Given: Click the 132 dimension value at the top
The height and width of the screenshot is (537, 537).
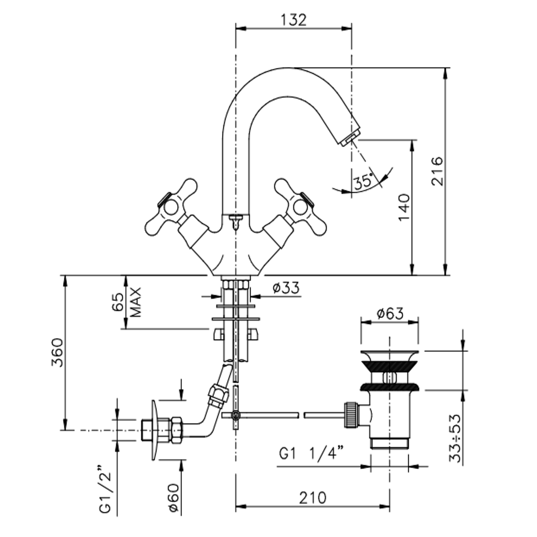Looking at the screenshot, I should point(293,20).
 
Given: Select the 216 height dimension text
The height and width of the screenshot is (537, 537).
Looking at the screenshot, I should point(437,171).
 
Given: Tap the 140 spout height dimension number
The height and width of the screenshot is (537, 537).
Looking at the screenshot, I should point(404,207).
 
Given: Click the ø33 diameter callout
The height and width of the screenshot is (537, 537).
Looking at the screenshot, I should point(286,288).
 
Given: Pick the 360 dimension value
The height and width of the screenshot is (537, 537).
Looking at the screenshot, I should point(57,353).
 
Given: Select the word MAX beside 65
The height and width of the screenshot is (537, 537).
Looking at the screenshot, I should point(136,302).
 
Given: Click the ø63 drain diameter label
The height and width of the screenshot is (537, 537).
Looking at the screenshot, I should point(390,313).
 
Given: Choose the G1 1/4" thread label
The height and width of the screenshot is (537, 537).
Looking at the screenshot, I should point(311,454).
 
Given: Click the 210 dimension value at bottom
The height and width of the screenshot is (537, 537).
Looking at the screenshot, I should point(312,498).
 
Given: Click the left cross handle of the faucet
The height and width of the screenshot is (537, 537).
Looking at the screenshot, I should point(171,207).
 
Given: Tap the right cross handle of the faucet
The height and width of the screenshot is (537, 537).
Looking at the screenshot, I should point(300,207).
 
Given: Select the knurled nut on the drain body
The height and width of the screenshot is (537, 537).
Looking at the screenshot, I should point(351,415).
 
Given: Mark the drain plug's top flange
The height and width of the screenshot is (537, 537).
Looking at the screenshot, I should point(389,354).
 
